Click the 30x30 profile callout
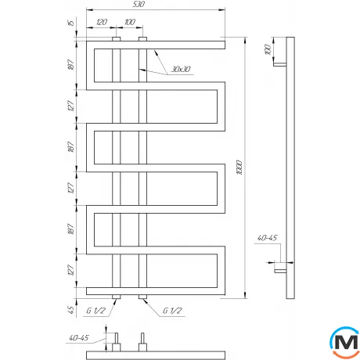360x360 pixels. click(x=180, y=71)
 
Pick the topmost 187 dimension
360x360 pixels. click(x=73, y=67)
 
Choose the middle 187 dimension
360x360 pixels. click(x=73, y=149)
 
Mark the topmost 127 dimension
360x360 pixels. click(x=73, y=108)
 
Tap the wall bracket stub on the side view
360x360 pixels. click(x=279, y=268)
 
